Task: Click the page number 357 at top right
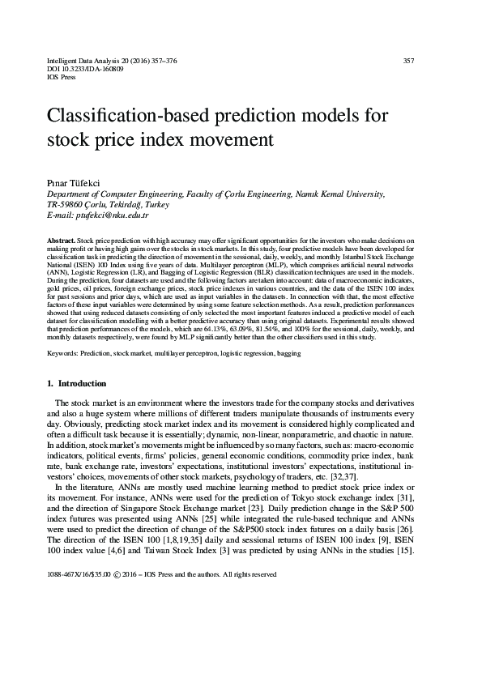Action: click(408, 61)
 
